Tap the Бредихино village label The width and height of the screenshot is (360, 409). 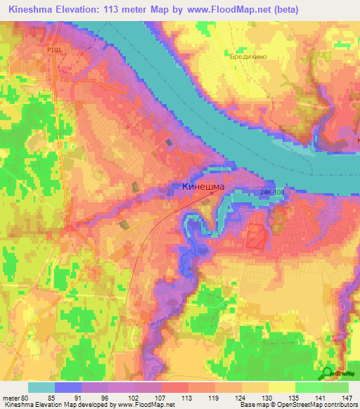coord(244,57)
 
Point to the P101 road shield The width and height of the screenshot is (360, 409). coord(54,51)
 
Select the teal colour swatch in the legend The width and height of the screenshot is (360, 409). coord(41,387)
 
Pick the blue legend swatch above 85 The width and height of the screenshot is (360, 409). coord(68,387)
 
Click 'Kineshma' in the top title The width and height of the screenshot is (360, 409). coord(34,9)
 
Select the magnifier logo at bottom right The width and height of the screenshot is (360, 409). coord(328,374)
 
